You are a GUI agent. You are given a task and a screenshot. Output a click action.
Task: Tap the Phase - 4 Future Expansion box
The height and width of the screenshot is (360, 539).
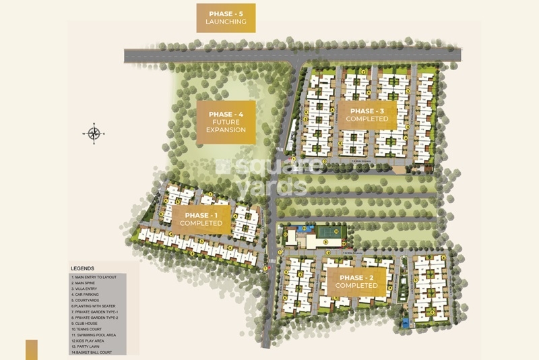pos(226,122)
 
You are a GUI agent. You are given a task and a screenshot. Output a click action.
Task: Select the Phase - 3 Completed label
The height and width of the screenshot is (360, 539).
pos(367,115)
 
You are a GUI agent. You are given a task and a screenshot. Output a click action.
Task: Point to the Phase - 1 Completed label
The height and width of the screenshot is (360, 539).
pos(201,219)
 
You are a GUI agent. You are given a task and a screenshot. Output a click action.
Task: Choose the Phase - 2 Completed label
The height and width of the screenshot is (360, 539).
pos(358,281)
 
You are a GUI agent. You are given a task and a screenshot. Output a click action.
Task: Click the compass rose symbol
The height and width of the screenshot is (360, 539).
pos(94,133)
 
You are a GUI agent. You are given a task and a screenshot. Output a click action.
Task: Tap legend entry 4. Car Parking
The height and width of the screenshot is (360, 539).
pos(88,295)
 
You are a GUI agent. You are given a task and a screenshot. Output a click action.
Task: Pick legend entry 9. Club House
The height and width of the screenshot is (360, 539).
pos(87,324)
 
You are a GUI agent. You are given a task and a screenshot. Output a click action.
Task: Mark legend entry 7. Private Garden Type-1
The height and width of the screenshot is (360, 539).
pos(98,312)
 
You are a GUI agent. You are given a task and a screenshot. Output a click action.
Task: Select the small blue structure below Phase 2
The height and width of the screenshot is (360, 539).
pos(405,324)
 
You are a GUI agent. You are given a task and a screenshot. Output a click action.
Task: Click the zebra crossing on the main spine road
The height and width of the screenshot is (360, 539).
pos(272,260)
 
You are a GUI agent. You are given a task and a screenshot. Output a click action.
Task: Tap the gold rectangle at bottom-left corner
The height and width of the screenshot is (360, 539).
pos(31,349)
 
